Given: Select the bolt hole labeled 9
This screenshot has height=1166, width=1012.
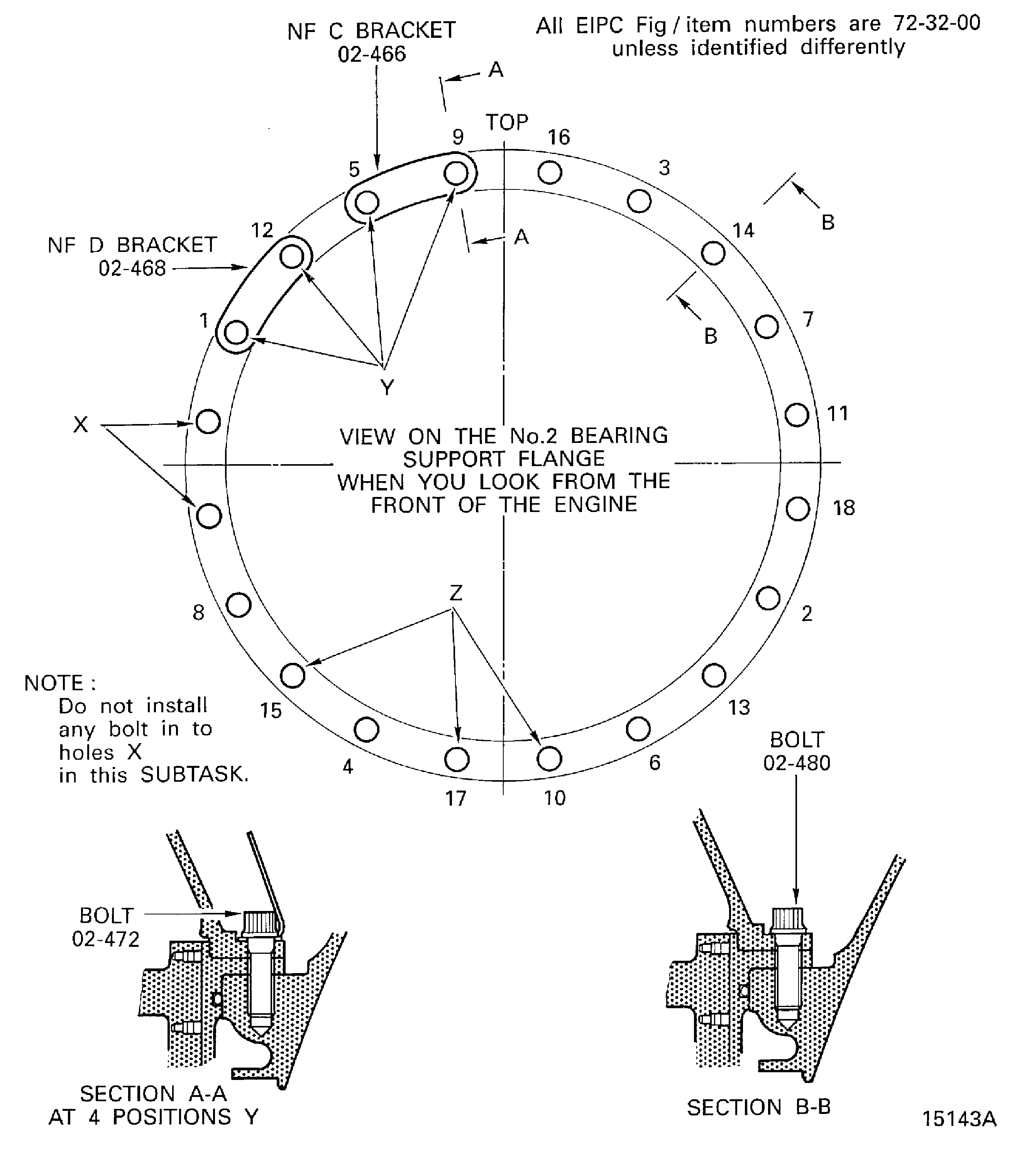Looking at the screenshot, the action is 456,173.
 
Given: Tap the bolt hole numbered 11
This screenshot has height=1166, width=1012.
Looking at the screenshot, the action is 797,415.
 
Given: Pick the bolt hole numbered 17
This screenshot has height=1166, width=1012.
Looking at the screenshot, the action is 456,759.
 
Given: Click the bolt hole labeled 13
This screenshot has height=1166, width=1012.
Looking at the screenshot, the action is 713,675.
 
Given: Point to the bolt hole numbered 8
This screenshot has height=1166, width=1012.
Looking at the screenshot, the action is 238,605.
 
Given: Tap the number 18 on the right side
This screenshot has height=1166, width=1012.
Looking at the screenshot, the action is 844,508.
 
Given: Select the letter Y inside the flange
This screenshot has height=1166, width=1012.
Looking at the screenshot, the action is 387,387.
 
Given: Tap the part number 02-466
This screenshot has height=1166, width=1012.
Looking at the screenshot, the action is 372,54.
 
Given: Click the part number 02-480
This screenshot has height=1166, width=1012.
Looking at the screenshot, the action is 797,763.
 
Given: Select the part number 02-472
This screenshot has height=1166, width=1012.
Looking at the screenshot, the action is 106,939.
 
